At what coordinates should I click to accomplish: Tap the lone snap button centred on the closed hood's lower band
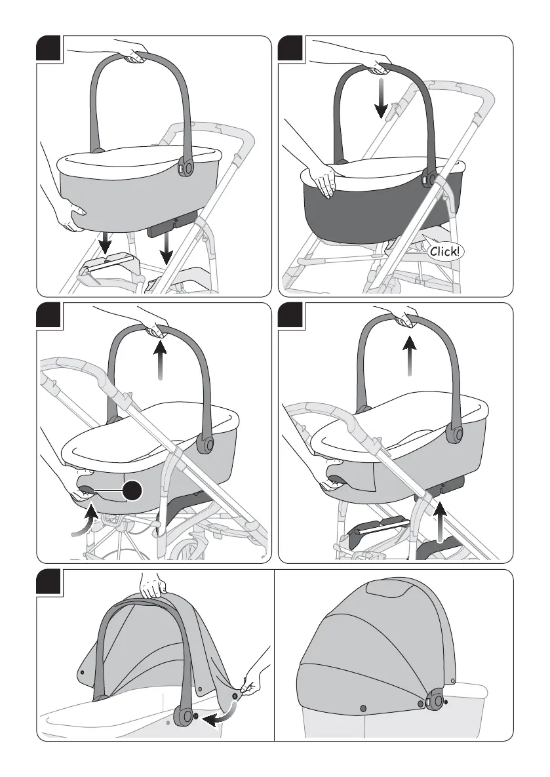click(363, 708)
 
